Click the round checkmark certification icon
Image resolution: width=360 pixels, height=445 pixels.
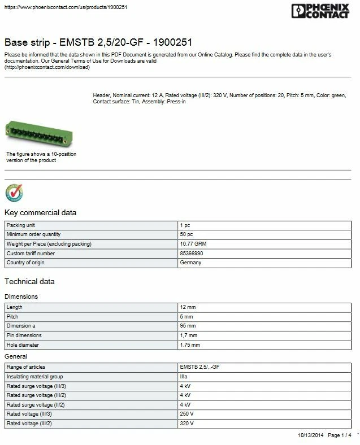pos(14,193)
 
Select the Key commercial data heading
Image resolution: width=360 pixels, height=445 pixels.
pos(40,212)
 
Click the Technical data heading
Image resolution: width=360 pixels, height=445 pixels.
pos(29,281)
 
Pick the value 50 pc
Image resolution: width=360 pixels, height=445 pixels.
pos(186,234)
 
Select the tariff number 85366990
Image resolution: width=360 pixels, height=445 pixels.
pos(191,254)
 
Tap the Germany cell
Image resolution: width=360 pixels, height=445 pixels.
pos(190,263)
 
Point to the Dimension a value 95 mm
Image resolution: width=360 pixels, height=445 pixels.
pos(188,326)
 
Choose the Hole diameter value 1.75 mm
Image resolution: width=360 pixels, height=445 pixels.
pos(189,345)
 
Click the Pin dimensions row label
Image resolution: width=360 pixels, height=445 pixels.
pos(24,335)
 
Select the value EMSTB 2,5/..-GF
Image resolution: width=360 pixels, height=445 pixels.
pos(199,367)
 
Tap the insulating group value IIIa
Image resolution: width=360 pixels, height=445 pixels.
pos(184,377)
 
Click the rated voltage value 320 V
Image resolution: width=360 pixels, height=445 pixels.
pos(186,424)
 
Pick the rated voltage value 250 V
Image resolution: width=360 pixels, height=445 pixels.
pos(186,414)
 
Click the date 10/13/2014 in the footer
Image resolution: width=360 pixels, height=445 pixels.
pos(310,435)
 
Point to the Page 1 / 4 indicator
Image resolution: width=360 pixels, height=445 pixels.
pos(340,435)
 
